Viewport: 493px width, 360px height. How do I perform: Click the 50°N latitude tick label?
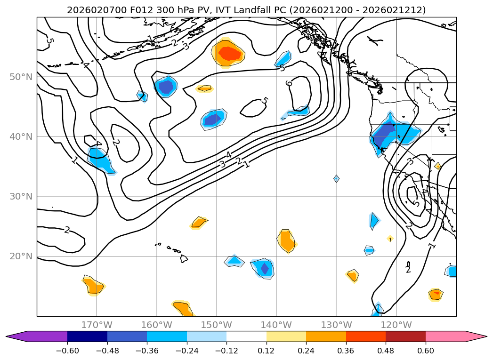tap(21, 77)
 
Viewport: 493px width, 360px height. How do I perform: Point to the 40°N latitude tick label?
tap(21, 136)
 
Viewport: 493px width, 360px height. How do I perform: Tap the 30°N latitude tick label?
tap(21, 196)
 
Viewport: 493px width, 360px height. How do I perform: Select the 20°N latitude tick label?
tap(21, 256)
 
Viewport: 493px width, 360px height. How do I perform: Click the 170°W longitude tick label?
tap(97, 325)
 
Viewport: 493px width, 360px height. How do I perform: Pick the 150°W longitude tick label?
tap(217, 325)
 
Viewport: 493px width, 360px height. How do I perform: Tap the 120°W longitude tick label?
tap(396, 325)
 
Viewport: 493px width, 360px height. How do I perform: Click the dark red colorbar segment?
tap(405, 336)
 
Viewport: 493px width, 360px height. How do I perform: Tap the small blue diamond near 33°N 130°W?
tap(336, 178)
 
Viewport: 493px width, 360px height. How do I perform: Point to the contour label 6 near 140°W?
tap(289, 84)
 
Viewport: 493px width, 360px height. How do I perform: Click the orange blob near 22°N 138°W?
tap(286, 240)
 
